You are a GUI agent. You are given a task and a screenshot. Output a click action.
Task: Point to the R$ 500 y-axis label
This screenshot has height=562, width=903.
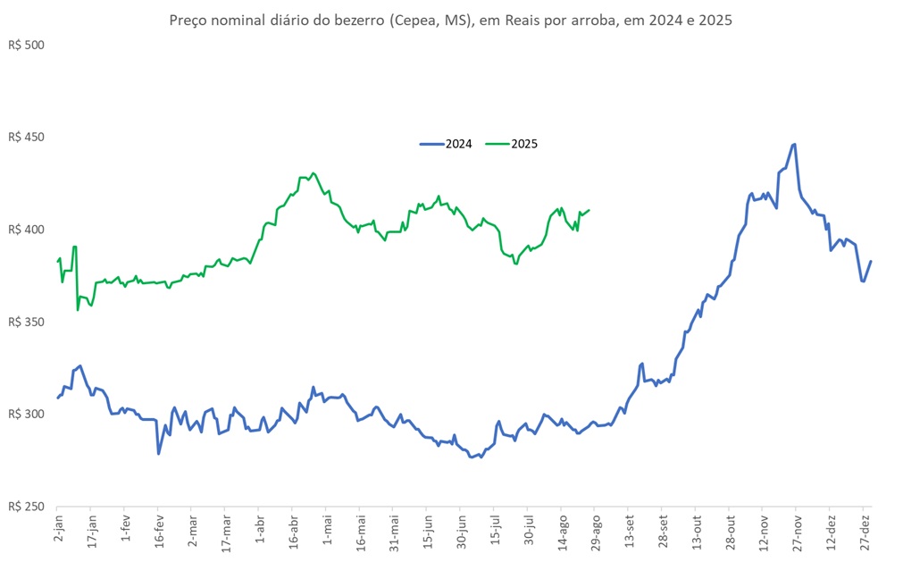(25, 46)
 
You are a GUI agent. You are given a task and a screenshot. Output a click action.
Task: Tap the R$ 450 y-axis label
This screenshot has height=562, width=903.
(25, 138)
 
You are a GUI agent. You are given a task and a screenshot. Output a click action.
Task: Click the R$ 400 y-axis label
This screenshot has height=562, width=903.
(25, 230)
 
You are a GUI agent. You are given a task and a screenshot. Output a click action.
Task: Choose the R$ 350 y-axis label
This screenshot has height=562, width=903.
(25, 322)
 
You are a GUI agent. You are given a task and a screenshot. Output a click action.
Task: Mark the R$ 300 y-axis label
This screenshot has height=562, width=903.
(25, 415)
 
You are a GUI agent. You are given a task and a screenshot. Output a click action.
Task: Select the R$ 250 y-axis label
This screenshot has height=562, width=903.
(25, 507)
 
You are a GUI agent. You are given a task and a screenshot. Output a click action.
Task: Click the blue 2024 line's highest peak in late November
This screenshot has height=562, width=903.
(795, 144)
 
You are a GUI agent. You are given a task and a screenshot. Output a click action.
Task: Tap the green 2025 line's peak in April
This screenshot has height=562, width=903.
(312, 173)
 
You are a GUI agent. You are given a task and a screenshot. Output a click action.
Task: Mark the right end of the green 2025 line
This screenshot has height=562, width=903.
(589, 210)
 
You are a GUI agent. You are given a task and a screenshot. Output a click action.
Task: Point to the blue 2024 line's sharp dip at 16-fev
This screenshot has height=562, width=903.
(159, 454)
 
